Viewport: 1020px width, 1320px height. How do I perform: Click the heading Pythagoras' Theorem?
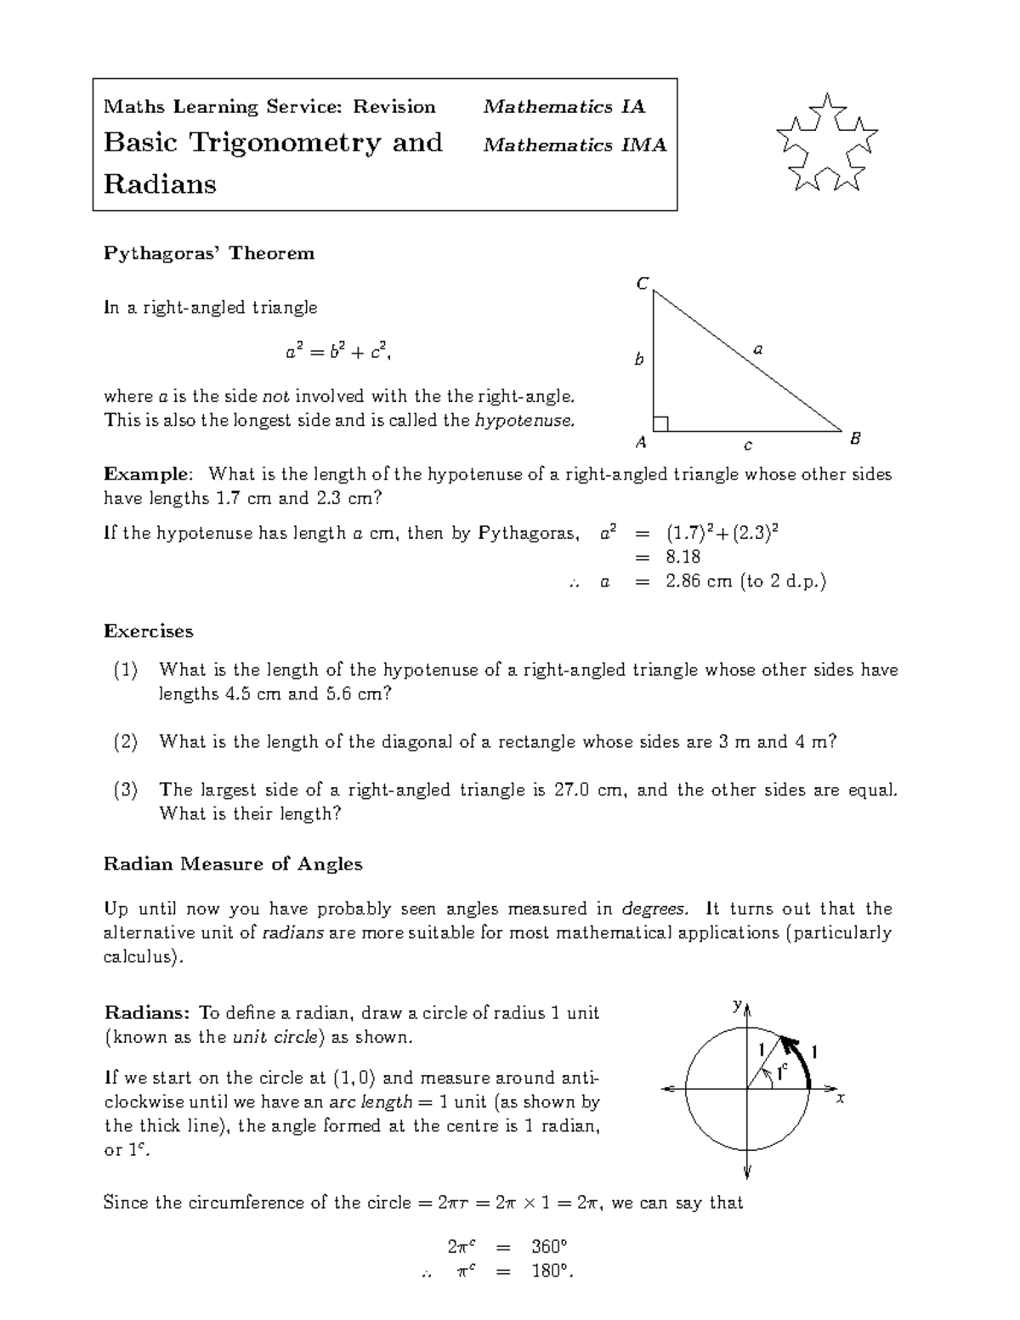pos(208,253)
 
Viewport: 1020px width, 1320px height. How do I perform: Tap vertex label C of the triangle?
pos(643,284)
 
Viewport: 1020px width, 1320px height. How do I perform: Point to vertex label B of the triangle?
pos(855,439)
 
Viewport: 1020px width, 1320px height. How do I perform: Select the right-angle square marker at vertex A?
pos(661,423)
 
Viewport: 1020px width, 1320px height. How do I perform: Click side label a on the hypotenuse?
pos(758,348)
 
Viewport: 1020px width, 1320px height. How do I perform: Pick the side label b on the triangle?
pos(639,360)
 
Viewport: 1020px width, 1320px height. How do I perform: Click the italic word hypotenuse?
pos(524,420)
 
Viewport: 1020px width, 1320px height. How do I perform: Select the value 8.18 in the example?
pos(683,557)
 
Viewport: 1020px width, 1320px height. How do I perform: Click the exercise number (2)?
pos(126,742)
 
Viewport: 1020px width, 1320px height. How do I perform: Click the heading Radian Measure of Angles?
pos(233,864)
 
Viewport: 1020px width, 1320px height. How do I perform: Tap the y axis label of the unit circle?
pos(737,1006)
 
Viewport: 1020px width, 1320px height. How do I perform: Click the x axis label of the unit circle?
pos(840,1098)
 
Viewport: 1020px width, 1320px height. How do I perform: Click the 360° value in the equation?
pos(549,1247)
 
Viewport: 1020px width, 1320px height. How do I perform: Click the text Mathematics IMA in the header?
pos(575,145)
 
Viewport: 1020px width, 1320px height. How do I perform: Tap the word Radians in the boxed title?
pos(160,184)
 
